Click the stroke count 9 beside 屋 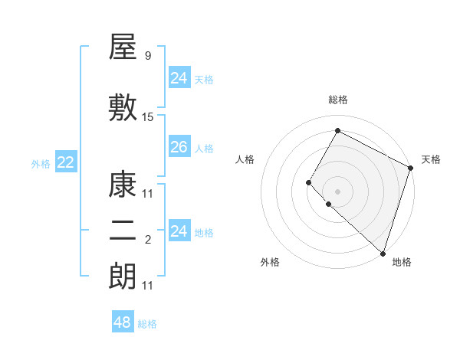[147, 56]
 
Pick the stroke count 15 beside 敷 [148, 117]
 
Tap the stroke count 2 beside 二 [147, 241]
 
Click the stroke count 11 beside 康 [148, 194]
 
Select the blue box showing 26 [179, 147]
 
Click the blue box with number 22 [65, 162]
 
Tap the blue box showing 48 [123, 322]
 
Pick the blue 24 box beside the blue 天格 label [179, 78]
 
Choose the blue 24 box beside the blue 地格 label [179, 231]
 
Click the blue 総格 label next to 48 [147, 324]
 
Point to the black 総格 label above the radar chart [337, 100]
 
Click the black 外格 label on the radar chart [270, 263]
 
